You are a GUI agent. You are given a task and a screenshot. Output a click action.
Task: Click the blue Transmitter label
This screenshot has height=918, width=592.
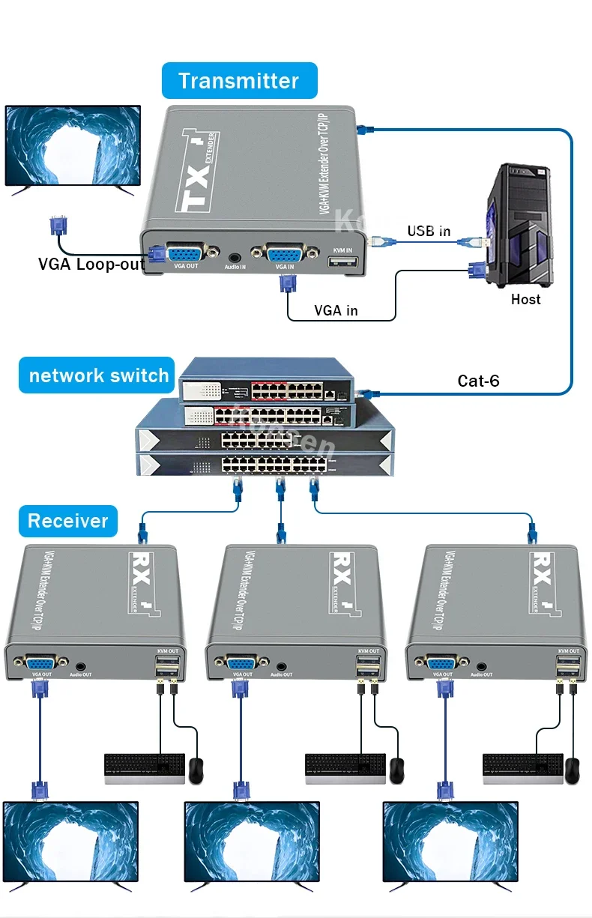point(239,81)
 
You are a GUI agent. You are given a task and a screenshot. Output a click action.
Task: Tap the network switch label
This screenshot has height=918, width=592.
point(98,375)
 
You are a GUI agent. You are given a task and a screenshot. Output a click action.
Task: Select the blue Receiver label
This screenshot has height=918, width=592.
point(68,521)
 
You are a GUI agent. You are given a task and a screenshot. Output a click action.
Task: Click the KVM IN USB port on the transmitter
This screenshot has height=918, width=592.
point(342,262)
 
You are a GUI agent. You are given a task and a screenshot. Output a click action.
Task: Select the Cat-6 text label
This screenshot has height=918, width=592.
point(478,381)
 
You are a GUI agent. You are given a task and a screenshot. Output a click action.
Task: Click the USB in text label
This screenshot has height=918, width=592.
point(429,231)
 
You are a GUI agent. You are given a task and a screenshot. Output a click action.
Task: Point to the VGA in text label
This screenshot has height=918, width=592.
point(336,310)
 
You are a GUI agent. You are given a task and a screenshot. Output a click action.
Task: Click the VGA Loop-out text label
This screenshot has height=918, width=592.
point(91,264)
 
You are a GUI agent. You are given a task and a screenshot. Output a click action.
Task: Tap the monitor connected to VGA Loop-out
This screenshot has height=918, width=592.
point(73,146)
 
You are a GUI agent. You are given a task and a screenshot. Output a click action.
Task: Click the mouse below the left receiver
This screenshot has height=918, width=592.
point(196,770)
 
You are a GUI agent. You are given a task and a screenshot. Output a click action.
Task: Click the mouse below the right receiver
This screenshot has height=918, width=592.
point(573,770)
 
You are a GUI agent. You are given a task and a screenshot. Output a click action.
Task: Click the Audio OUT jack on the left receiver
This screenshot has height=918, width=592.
point(80,664)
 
